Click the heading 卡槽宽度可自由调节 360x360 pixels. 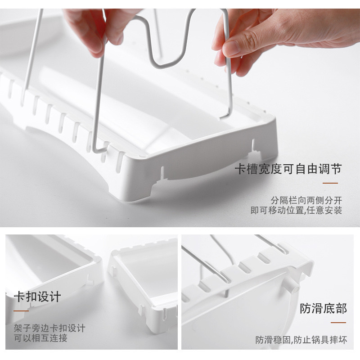pos(288,170)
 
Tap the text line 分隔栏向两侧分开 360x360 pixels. pos(306,200)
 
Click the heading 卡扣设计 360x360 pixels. pos(37,297)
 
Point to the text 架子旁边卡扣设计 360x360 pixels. pos(49,328)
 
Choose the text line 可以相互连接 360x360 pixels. pos(40,338)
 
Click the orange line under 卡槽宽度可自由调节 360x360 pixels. pos(331,183)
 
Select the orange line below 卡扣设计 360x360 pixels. pos(21,311)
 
